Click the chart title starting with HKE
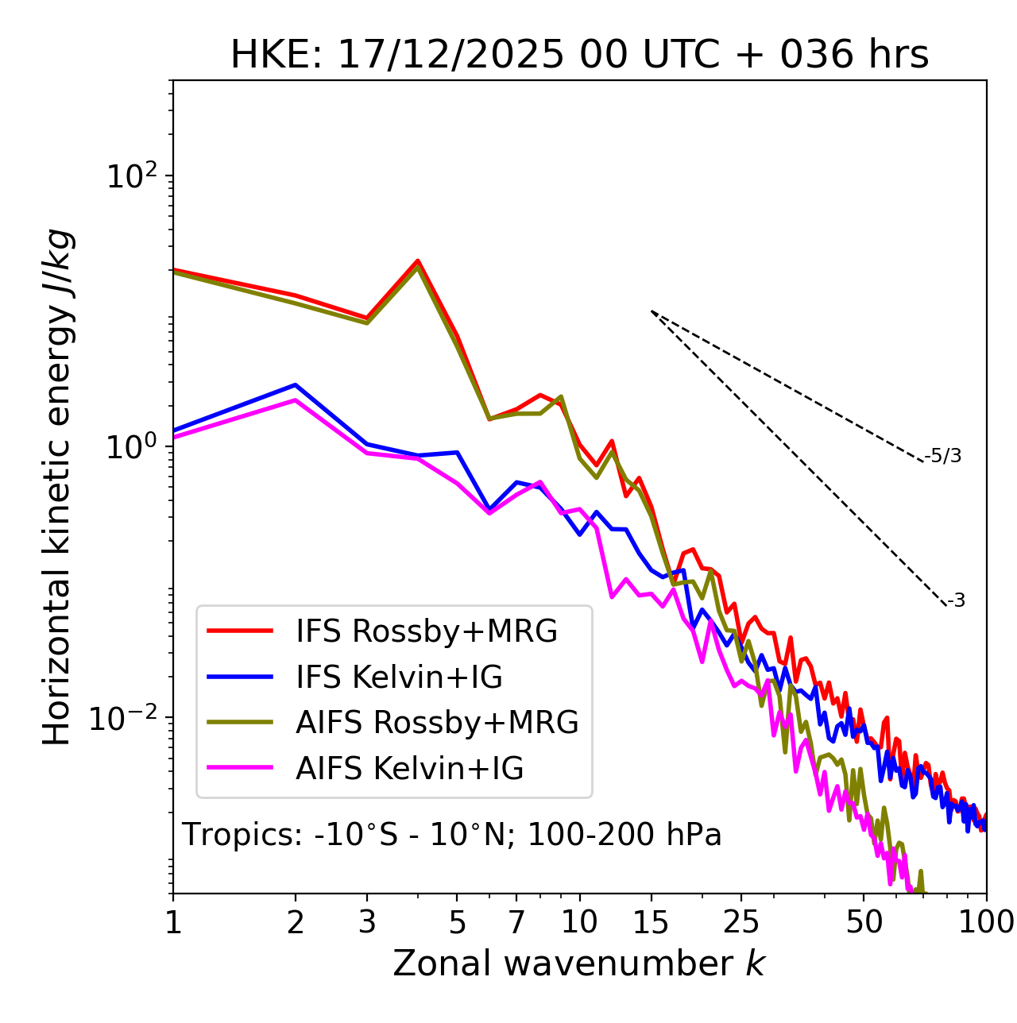579,56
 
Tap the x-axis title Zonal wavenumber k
579,963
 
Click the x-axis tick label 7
516,922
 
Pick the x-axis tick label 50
864,922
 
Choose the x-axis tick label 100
986,922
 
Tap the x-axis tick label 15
651,922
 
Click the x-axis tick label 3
366,922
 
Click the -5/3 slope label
943,456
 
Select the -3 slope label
957,601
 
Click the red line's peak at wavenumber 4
418,261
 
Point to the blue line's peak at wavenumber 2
296,385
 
